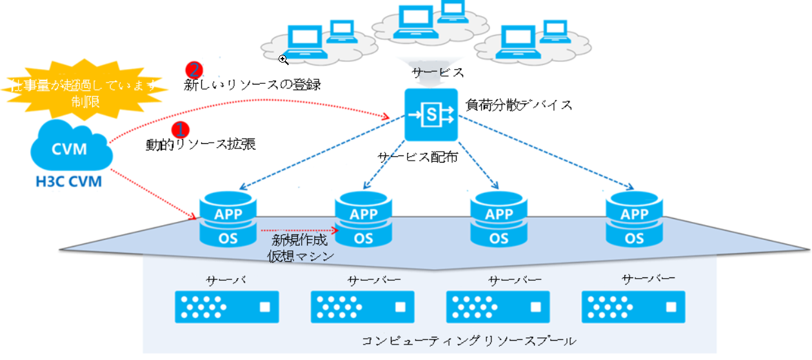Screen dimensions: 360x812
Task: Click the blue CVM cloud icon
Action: [69, 148]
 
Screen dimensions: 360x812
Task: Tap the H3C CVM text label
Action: [68, 182]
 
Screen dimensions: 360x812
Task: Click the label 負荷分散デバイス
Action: [519, 105]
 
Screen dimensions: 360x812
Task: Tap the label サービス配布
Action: [418, 156]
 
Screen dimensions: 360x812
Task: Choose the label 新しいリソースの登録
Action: [253, 85]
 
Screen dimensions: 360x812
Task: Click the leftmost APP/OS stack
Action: [228, 219]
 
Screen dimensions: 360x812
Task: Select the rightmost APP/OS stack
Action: [634, 219]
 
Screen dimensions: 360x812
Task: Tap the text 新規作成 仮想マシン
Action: [299, 248]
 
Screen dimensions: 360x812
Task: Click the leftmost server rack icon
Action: [226, 306]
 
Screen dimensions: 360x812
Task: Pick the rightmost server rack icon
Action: [633, 306]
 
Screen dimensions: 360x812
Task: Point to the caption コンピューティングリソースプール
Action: [469, 340]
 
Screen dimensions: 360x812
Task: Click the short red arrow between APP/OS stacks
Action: [299, 228]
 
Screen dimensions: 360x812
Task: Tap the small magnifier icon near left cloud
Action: [283, 59]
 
